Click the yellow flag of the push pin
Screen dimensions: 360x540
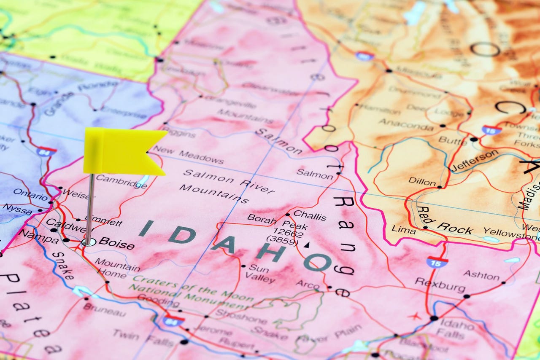pos(122,151)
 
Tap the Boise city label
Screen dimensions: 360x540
pos(116,244)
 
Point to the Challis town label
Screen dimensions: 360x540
pos(310,215)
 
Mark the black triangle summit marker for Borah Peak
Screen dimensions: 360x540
pos(307,244)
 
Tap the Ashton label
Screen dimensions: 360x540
pos(481,275)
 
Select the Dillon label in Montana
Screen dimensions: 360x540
pos(422,182)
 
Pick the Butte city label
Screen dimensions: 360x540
pos(452,140)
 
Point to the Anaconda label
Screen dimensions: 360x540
pos(405,123)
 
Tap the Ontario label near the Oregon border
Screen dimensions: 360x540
pos(30,194)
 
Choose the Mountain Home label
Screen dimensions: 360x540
pos(117,268)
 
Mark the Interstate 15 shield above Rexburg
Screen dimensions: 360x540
pos(437,262)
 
